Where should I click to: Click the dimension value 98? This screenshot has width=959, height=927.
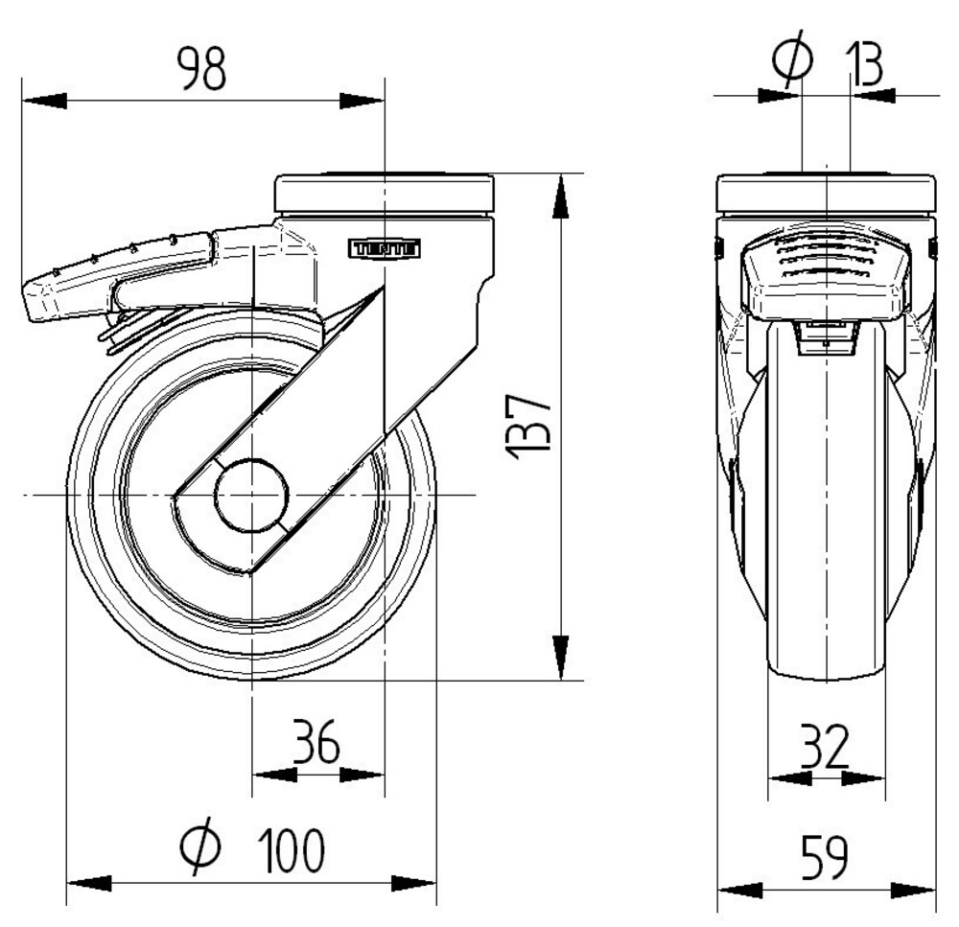pos(201,69)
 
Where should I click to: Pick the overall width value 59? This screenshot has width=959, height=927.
pos(826,857)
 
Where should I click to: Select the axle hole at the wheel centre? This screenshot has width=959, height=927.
pos(251,495)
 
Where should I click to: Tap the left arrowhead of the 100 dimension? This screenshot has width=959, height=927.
pos(87,883)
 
